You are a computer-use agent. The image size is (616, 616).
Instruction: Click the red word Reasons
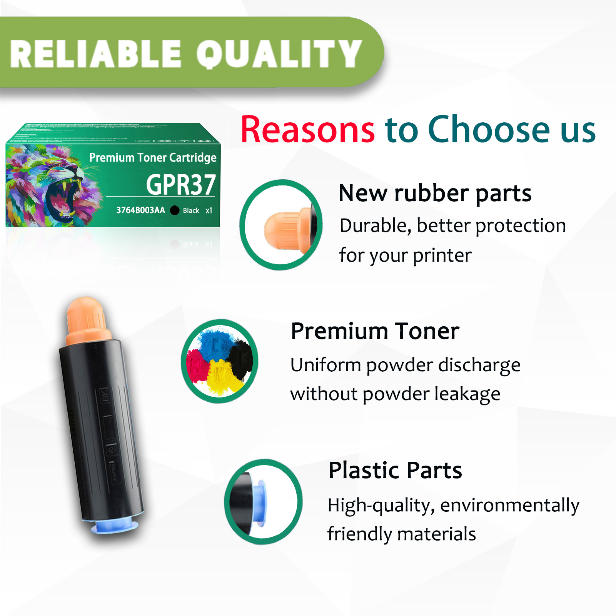pyautogui.click(x=307, y=130)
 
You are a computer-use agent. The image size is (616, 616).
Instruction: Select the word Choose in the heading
pyautogui.click(x=489, y=130)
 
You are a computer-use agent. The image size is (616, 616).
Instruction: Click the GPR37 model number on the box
pyautogui.click(x=181, y=185)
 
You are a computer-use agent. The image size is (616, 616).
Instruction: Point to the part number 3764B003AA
pyautogui.click(x=140, y=210)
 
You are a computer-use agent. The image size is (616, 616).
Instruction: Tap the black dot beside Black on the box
pyautogui.click(x=175, y=210)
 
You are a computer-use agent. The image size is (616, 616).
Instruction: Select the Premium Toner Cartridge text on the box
pyautogui.click(x=153, y=157)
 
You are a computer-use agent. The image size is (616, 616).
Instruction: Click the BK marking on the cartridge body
pyautogui.click(x=105, y=395)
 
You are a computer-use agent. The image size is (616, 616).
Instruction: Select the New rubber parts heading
pyautogui.click(x=435, y=193)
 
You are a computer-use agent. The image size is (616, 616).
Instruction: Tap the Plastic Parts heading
pyautogui.click(x=395, y=470)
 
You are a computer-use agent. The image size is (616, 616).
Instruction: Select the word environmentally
pyautogui.click(x=509, y=505)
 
